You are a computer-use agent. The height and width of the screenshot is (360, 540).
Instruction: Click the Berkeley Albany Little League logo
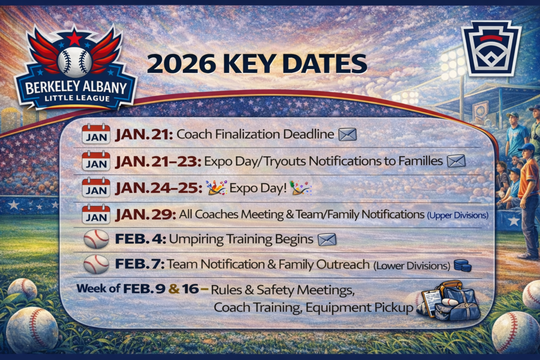(75, 67)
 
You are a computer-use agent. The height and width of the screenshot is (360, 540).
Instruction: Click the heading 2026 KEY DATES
(257, 64)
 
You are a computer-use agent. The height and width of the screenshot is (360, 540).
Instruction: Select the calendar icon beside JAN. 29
(96, 214)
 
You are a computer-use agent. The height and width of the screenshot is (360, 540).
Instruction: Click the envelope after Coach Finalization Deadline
(348, 134)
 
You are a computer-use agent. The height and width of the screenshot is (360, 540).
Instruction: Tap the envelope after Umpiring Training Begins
(327, 239)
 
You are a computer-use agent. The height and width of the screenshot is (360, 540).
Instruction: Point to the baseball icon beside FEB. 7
(97, 264)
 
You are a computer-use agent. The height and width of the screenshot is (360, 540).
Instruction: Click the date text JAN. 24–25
(159, 188)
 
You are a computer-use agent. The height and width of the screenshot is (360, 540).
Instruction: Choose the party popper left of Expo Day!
(216, 188)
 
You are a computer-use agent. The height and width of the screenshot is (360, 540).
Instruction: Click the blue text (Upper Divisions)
(458, 216)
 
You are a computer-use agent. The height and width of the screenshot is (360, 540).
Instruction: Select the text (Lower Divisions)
(412, 266)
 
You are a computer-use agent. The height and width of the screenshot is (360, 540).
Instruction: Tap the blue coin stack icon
(462, 265)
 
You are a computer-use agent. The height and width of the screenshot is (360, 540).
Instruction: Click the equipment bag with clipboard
(449, 300)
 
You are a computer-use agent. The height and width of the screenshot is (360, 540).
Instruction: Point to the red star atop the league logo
(74, 37)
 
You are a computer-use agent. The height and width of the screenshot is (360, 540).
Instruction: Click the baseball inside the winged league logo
(75, 62)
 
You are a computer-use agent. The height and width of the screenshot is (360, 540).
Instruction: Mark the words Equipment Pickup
(359, 307)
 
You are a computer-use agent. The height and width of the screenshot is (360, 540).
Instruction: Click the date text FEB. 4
(140, 239)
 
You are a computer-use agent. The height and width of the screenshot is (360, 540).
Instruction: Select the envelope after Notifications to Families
(456, 161)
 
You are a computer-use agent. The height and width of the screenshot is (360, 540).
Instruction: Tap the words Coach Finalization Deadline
(255, 134)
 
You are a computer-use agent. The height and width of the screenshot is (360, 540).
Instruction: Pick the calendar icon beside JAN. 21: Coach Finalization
(96, 133)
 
